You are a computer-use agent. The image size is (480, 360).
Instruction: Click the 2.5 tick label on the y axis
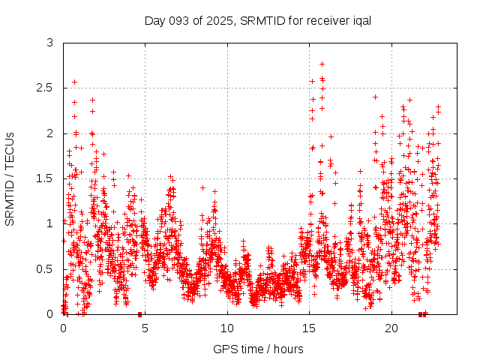[x=46, y=88]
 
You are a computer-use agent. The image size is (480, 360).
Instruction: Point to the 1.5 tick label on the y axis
[x=46, y=178]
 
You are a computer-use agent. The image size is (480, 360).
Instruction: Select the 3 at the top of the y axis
[x=50, y=43]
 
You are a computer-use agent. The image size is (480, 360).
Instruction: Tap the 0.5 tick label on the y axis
[x=46, y=268]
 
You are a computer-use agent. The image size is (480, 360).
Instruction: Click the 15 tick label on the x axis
[x=310, y=328]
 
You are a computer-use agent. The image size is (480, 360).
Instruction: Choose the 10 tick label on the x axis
[x=227, y=328]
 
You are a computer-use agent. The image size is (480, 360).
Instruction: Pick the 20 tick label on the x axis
[x=391, y=328]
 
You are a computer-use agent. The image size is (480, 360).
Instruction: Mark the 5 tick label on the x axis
[x=145, y=328]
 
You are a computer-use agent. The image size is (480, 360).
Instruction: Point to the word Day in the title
[x=154, y=20]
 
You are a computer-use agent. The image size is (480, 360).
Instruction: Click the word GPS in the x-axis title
[x=223, y=349]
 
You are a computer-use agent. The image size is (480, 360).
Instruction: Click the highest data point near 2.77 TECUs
[x=322, y=64]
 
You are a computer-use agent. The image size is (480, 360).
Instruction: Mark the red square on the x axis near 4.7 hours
[x=140, y=314]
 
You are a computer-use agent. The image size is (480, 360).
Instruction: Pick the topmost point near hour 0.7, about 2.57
[x=74, y=82]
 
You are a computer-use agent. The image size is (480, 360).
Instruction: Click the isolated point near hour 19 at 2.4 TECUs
[x=375, y=97]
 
